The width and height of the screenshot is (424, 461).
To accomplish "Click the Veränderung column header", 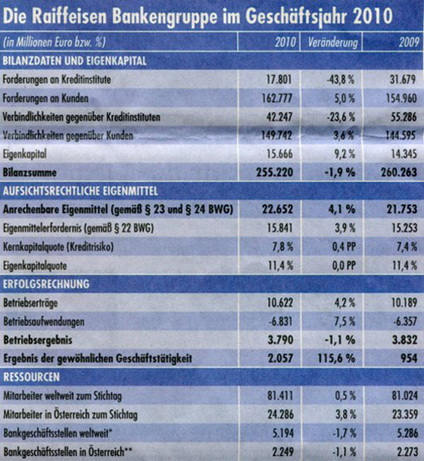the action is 333,43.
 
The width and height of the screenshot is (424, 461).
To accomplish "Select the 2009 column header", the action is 409,42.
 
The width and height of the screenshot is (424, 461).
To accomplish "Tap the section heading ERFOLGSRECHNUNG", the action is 46,284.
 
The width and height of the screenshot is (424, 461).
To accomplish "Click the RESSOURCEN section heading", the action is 32,377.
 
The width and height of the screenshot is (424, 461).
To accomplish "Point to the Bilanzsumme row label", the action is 30,172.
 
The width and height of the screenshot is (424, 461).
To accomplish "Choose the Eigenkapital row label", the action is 25,154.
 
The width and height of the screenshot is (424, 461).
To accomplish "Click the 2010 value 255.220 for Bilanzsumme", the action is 274,172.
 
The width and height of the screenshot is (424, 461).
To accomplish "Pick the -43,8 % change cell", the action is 341,80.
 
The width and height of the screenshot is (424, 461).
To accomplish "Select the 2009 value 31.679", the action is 403,80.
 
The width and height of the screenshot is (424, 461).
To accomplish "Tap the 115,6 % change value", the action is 336,359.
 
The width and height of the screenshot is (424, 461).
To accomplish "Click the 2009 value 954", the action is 409,359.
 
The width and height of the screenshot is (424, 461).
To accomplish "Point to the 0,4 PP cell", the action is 344,247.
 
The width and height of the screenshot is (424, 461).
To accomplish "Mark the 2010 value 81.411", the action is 280,396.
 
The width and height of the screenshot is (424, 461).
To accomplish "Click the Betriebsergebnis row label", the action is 38,340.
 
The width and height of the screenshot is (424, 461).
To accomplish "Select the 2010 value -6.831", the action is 281,321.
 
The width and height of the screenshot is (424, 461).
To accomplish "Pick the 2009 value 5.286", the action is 405,433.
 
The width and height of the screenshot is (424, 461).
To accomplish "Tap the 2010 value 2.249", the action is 281,452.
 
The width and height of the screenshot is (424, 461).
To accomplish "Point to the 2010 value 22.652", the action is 278,210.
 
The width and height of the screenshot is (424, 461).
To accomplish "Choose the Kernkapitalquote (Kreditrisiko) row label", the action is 58,247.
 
